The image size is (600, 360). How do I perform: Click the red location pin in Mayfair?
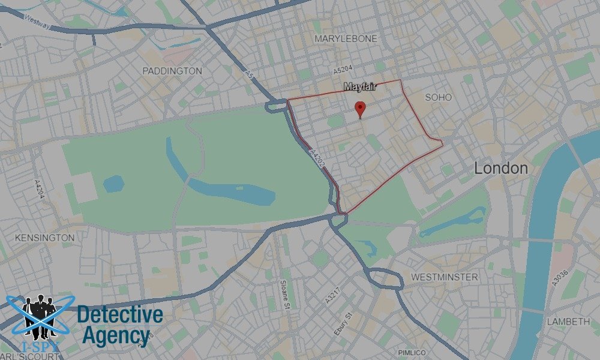pos(360,109)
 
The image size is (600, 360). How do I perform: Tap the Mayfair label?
pos(360,88)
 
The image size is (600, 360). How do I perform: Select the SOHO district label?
pos(439,97)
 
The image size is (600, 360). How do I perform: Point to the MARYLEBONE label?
pos(346,38)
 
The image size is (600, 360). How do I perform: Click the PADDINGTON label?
pos(172,71)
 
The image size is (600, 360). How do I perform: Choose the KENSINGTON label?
pos(45,238)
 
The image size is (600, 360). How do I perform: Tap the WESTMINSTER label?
pos(445,277)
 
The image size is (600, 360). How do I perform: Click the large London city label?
pos(501,169)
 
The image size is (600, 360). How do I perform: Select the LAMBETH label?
pos(568,322)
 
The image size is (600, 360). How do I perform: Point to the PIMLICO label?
pos(412,352)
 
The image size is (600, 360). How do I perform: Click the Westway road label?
pos(38,19)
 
